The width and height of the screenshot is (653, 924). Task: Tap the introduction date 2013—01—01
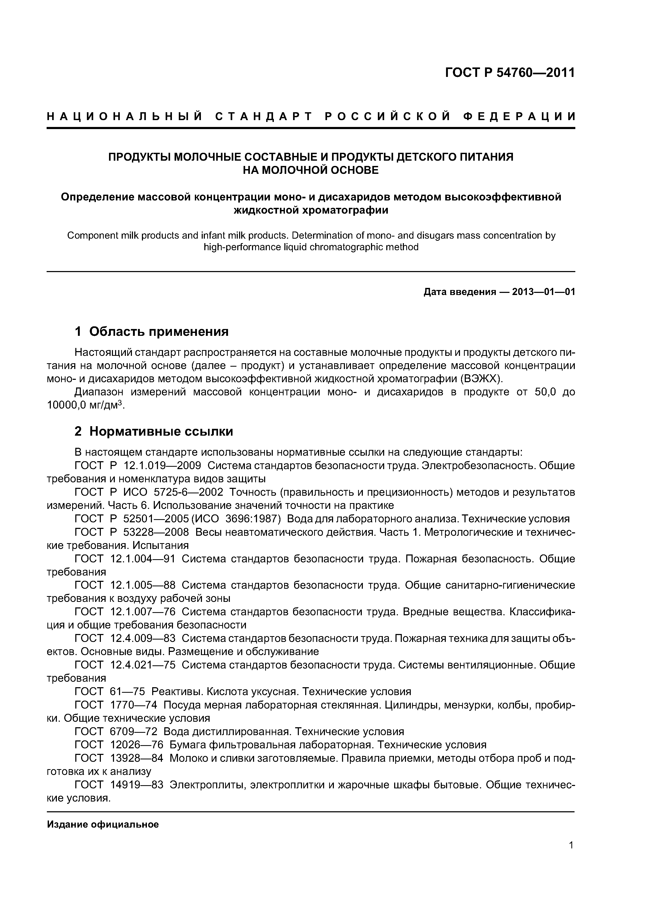point(543,292)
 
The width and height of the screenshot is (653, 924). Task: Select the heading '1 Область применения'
point(151,332)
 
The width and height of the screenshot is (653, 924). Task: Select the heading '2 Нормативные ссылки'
point(154,431)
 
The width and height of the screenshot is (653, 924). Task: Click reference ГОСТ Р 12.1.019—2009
point(138,466)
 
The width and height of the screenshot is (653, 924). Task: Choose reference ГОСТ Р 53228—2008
point(132,532)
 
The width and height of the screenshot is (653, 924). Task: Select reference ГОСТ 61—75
point(110,691)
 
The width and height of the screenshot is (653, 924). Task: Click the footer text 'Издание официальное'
point(103,825)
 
